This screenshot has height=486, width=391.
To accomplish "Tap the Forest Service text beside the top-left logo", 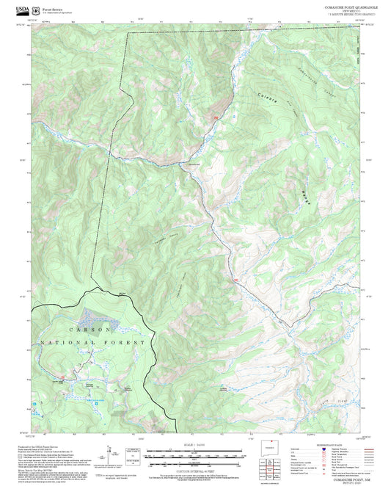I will pos(56,8).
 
